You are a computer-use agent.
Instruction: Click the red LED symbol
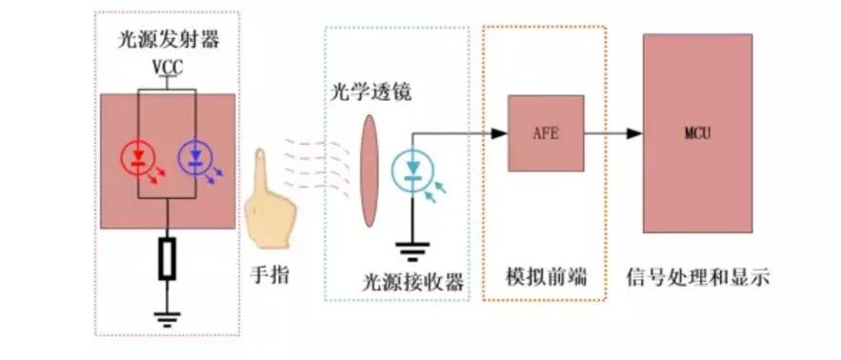click(139, 157)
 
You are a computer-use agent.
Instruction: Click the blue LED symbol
click(196, 157)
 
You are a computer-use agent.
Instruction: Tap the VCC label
click(168, 69)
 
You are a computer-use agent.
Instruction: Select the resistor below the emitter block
click(167, 258)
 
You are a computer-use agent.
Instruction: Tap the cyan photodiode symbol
click(412, 170)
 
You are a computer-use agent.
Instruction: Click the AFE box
click(545, 133)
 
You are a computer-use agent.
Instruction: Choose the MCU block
click(697, 132)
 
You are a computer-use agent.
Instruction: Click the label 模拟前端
click(545, 278)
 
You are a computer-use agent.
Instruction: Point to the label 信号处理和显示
click(697, 278)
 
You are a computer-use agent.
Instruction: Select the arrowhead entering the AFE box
click(498, 133)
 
